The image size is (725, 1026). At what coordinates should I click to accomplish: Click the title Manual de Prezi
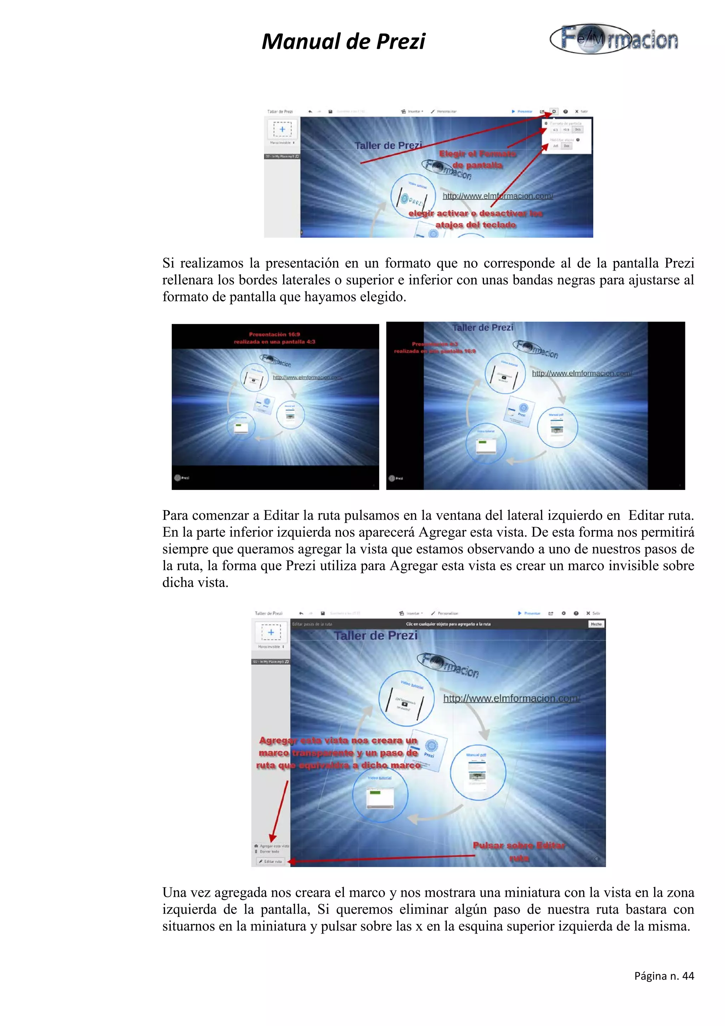[343, 41]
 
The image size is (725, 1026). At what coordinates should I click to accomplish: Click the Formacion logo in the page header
[615, 39]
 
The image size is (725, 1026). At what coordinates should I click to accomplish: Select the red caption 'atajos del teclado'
[475, 225]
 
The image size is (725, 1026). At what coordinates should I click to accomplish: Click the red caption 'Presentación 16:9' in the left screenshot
[274, 334]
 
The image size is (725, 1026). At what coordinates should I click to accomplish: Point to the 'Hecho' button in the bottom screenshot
[596, 624]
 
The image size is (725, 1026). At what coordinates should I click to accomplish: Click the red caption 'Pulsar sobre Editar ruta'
[519, 851]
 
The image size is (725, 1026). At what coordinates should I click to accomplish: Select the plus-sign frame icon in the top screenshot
[282, 129]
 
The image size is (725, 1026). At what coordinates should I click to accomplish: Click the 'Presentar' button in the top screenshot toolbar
[522, 111]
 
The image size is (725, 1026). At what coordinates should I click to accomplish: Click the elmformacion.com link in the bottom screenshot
[511, 699]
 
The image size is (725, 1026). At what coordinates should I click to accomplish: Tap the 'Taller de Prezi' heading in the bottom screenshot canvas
[376, 635]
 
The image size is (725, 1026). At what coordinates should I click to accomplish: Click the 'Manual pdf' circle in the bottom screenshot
[478, 774]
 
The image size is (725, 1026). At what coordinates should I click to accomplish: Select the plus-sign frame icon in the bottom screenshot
[271, 632]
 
